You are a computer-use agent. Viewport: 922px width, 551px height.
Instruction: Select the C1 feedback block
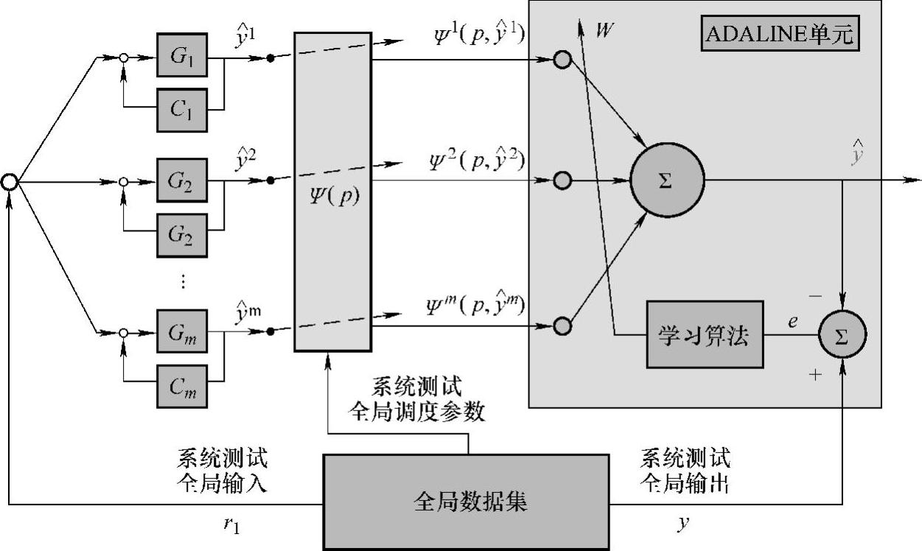(x=182, y=109)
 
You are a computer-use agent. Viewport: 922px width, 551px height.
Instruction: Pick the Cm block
(x=182, y=385)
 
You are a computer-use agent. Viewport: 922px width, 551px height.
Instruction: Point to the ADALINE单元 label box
(x=780, y=35)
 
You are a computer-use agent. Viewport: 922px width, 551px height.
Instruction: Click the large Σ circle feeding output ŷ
(x=667, y=180)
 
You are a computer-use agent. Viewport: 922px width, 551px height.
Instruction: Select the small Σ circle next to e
(x=842, y=335)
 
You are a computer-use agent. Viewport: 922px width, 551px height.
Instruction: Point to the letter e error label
(x=792, y=321)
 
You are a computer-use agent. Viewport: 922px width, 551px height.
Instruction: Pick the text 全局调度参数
(x=416, y=413)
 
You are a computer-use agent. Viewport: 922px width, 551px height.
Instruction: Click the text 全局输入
(x=223, y=485)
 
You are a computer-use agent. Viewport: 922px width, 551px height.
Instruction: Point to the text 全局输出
(x=685, y=485)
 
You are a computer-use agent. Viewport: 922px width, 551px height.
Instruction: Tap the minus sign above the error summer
(x=815, y=295)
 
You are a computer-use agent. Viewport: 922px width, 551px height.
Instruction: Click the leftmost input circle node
(x=10, y=181)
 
